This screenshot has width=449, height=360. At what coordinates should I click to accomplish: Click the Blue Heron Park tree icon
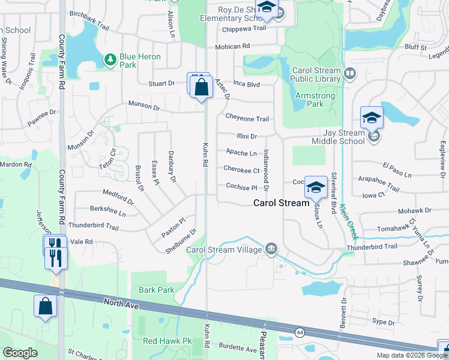pyautogui.click(x=110, y=59)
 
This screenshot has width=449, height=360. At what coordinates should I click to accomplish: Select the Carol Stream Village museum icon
pyautogui.click(x=271, y=249)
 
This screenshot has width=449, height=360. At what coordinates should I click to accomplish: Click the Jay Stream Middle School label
pyautogui.click(x=337, y=137)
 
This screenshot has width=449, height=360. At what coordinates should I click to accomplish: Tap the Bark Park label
pyautogui.click(x=156, y=290)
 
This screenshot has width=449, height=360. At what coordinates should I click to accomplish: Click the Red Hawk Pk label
pyautogui.click(x=167, y=341)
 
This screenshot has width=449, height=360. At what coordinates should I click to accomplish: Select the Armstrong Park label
pyautogui.click(x=310, y=100)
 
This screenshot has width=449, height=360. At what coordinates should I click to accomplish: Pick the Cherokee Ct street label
pyautogui.click(x=241, y=170)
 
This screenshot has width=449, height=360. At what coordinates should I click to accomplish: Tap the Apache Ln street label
pyautogui.click(x=241, y=153)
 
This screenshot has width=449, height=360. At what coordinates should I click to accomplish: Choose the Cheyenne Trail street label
pyautogui.click(x=247, y=118)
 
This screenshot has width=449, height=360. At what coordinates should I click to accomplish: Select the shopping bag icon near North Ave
pyautogui.click(x=45, y=307)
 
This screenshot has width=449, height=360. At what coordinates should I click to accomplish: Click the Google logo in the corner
pyautogui.click(x=20, y=353)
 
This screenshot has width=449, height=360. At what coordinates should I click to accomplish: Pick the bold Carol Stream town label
pyautogui.click(x=280, y=203)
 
